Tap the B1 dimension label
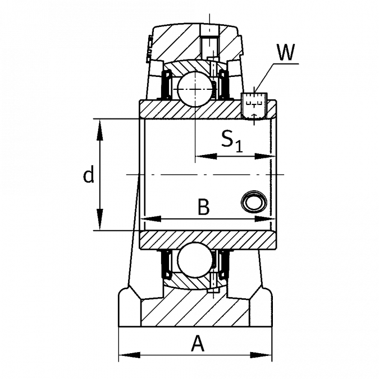231,136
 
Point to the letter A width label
196,341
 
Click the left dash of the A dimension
133,355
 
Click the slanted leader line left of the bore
134,225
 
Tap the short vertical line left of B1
195,140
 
